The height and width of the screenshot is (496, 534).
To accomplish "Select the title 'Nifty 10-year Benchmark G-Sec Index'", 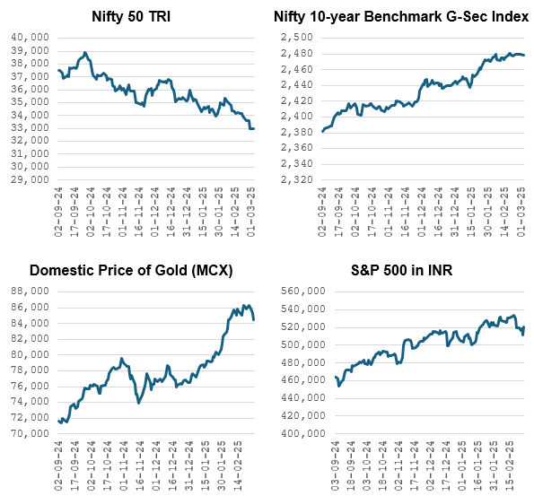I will pos(400,15).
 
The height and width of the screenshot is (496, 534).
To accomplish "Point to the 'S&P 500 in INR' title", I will pos(400,270).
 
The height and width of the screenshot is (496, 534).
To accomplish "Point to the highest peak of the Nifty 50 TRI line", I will pos(84,53).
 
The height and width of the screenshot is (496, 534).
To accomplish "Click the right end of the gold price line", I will pos(253,319).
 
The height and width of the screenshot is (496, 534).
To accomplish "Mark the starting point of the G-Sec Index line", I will pos(323,132).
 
